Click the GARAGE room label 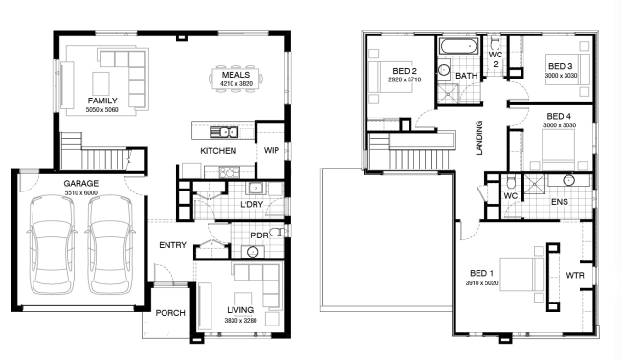pos(80,184)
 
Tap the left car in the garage pos(52,245)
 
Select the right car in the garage pos(110,245)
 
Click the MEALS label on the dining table pos(235,75)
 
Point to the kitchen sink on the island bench pos(224,131)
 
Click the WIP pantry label pos(272,150)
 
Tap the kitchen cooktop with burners pos(230,172)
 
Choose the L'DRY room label pos(252,205)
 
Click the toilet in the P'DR pos(277,232)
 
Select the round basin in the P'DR pos(253,252)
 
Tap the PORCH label pos(170,313)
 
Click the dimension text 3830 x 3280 pos(240,321)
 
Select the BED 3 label pos(561,67)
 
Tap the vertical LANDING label pos(479,138)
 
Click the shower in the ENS pos(535,184)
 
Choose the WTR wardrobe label pos(575,275)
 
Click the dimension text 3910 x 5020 pos(481,283)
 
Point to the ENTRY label pos(172,245)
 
